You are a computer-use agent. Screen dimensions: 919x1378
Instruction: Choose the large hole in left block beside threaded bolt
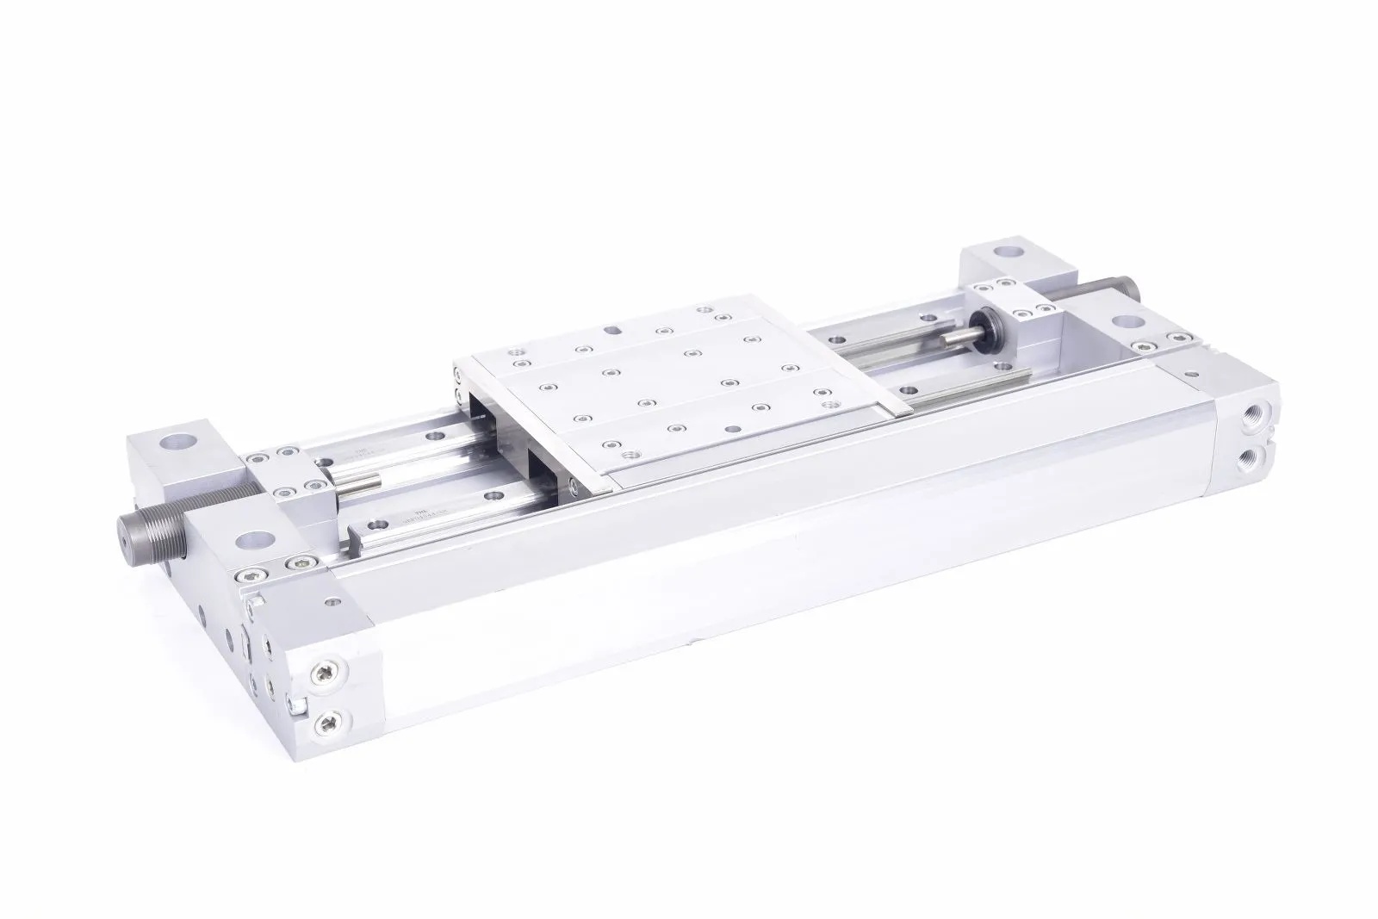(x=252, y=541)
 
